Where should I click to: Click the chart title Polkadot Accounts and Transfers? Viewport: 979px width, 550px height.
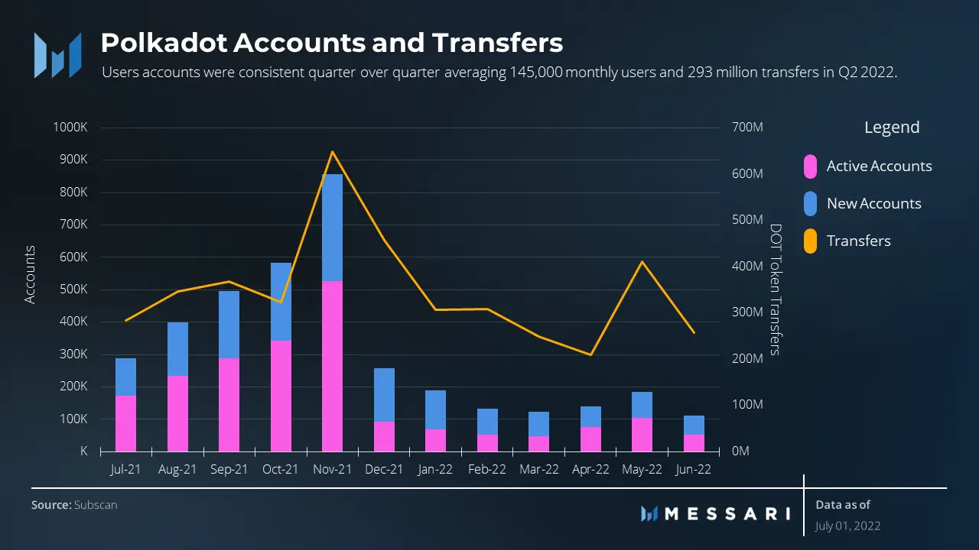(331, 43)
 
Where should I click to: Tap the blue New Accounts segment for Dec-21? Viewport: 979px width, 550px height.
(384, 394)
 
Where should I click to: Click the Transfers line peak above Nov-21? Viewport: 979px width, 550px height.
(332, 152)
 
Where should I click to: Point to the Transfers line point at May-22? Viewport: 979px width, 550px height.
(642, 262)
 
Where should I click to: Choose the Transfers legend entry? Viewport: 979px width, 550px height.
(858, 241)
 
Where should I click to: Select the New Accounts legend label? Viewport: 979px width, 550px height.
(873, 204)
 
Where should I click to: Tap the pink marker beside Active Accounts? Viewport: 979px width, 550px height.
(811, 167)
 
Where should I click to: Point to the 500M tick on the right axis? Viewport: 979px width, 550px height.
(747, 220)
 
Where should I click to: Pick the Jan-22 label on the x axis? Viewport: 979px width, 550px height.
(435, 470)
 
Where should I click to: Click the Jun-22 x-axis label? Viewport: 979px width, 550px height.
(694, 470)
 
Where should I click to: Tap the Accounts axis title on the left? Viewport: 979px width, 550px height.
(30, 275)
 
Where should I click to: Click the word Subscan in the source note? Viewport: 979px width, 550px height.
(96, 505)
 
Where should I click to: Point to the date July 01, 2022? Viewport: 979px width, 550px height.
(847, 526)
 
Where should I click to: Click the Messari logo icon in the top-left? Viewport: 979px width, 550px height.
(57, 55)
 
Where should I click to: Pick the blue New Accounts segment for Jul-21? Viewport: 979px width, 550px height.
(125, 377)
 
